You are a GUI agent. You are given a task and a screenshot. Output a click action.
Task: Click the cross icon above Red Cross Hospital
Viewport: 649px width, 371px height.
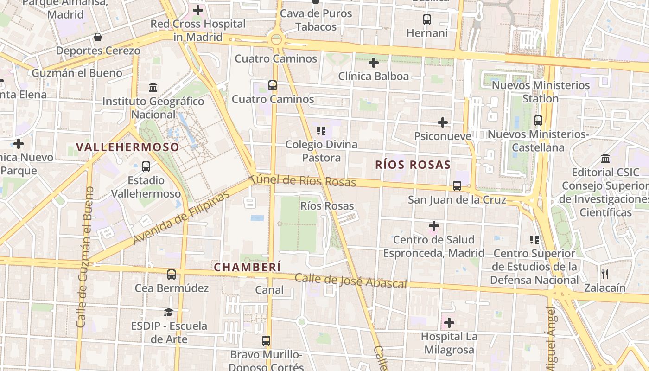[x=198, y=10]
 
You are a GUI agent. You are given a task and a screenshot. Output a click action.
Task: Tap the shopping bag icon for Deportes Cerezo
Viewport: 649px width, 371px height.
[x=98, y=37]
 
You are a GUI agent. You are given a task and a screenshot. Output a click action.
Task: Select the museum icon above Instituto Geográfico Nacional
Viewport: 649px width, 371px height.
[x=153, y=87]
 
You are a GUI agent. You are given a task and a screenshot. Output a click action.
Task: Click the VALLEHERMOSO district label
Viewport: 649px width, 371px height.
[x=127, y=147]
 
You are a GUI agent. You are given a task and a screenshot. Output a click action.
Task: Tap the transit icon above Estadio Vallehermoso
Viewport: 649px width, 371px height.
[x=146, y=166]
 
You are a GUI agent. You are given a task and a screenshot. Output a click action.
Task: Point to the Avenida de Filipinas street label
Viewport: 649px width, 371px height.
[x=181, y=217]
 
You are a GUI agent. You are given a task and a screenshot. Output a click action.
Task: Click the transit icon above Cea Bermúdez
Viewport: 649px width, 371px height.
[x=172, y=274]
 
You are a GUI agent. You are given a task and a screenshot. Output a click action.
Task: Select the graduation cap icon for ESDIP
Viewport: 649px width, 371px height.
[x=168, y=312]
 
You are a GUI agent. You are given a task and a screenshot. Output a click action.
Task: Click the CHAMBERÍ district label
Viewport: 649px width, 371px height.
[x=247, y=267]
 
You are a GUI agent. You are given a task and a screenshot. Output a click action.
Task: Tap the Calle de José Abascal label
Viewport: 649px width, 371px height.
[x=350, y=281]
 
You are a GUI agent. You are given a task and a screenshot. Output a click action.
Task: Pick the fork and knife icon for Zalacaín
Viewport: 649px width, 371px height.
[x=604, y=274]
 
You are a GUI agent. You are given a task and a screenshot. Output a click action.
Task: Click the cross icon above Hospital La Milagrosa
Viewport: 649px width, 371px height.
[x=449, y=322]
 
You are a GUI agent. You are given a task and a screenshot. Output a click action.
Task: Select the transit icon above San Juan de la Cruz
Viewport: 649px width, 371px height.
[x=457, y=186]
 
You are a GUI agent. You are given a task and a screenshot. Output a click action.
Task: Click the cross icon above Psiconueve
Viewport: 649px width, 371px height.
[x=443, y=122]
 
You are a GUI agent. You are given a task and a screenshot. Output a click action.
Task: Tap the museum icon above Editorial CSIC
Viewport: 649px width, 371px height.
[x=605, y=159]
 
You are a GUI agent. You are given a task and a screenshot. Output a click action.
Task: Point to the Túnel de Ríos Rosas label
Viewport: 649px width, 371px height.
[x=304, y=180]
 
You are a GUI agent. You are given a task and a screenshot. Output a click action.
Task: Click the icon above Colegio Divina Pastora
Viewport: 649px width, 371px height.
[x=321, y=131]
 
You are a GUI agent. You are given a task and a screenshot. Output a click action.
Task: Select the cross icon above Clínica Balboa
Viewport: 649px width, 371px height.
[x=373, y=62]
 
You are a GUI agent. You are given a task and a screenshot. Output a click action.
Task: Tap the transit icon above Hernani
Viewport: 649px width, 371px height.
[x=427, y=19]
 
